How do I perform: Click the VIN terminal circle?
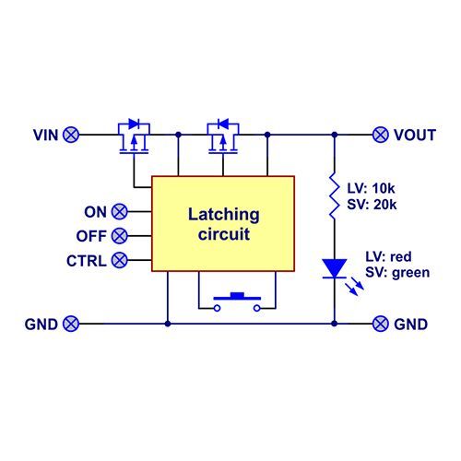pos(71,135)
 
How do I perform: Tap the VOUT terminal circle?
pos(381,135)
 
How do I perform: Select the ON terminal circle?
pos(119,211)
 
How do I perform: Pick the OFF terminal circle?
pos(119,236)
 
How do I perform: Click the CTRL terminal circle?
pos(119,260)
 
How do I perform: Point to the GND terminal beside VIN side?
pos(71,324)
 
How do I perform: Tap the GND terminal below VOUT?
pos(381,324)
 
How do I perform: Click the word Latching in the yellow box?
pos(224,215)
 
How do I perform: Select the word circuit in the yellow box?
pos(224,234)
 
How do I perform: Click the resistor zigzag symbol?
pos(335,195)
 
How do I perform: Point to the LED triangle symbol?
pos(335,268)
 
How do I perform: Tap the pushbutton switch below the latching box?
pos(237,302)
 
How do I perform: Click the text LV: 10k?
pos(371,188)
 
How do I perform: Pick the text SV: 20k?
pos(372,205)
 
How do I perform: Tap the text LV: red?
pos(388,256)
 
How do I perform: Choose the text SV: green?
pos(397,273)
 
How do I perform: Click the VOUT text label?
pos(415,135)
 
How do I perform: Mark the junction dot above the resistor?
pos(335,135)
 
